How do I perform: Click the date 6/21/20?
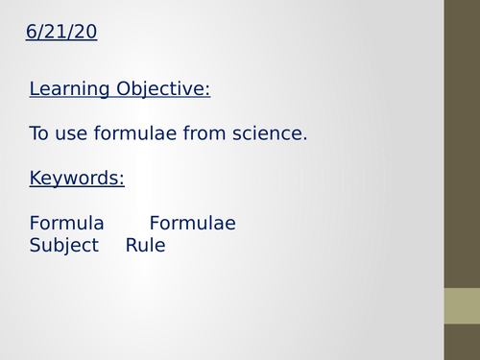point(61,33)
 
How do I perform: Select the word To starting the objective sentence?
point(39,133)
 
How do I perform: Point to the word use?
point(72,133)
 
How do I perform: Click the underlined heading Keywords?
point(77,179)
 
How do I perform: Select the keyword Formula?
point(67,224)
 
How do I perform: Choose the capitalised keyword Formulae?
point(192,224)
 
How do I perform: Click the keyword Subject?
point(64,246)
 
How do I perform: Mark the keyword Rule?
point(145,246)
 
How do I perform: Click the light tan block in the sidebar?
point(462,306)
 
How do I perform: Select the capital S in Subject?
point(36,246)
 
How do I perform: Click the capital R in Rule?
point(132,246)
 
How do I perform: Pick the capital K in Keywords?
point(36,179)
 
